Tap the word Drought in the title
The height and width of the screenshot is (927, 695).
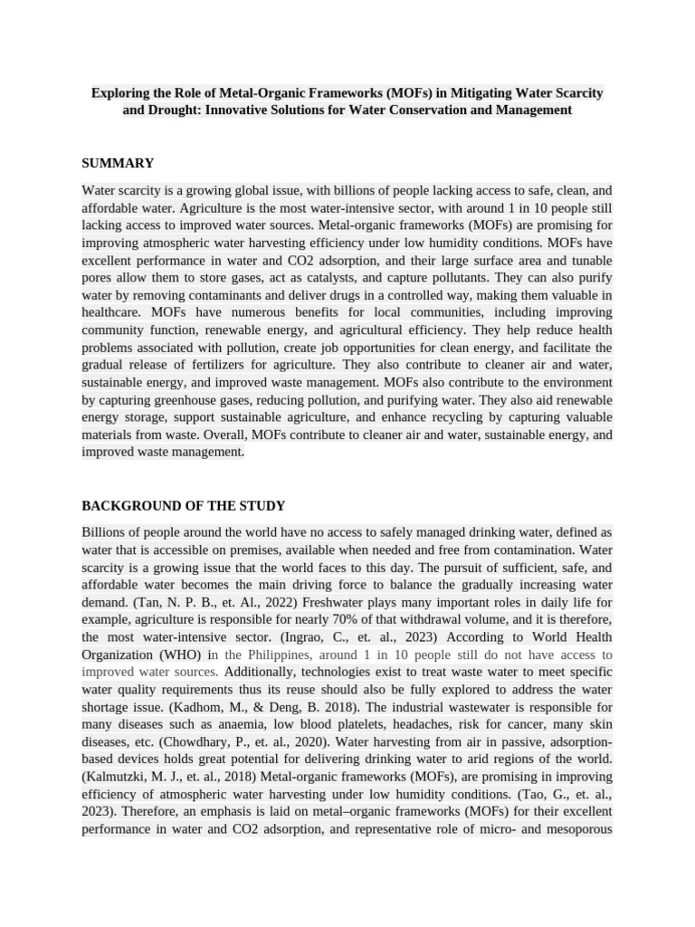tap(170, 110)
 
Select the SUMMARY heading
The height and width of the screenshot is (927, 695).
tap(118, 163)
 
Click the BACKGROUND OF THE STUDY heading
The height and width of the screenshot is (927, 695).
tap(184, 505)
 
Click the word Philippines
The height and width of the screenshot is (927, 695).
tap(270, 655)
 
